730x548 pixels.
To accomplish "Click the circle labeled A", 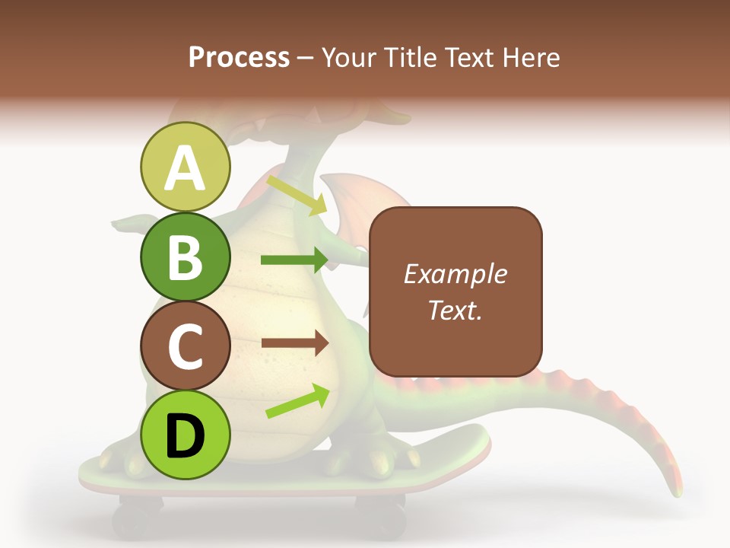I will click(185, 167).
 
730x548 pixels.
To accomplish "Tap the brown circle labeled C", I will click(185, 346).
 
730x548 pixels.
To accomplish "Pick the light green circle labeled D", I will click(185, 435).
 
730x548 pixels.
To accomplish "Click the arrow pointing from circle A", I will click(297, 195).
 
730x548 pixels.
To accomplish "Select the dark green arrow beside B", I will click(294, 260).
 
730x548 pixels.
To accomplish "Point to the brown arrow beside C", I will click(294, 343).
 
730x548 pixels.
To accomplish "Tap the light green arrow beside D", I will click(297, 402).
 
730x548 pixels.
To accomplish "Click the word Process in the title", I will click(239, 57).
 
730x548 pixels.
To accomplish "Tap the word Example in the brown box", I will click(455, 274).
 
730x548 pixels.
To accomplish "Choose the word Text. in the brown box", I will click(455, 310).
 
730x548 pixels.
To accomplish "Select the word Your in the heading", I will click(348, 57).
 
